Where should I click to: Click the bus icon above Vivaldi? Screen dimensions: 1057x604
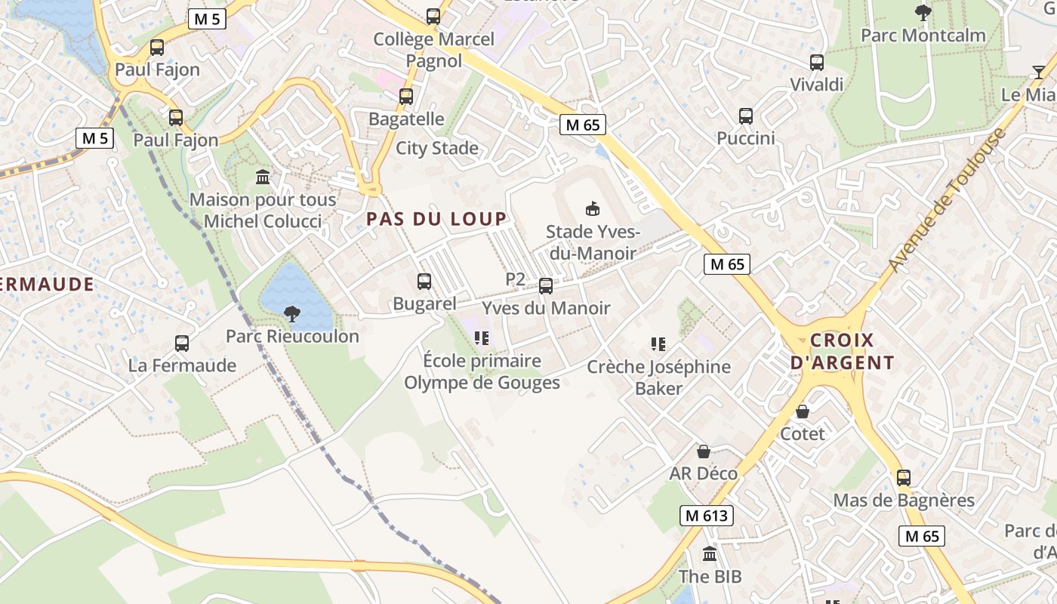coord(816,63)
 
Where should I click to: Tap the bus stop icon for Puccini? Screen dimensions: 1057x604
coord(746,116)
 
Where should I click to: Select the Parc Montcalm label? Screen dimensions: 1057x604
coord(923,35)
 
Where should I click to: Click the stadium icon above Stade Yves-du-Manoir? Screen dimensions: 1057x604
coord(593,209)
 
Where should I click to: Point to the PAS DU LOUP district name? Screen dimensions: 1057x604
coord(436,219)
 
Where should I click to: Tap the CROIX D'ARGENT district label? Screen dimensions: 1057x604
coord(842,351)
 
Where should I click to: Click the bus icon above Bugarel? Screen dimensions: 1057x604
coord(424,282)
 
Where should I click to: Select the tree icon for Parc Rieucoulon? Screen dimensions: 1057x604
coord(292,314)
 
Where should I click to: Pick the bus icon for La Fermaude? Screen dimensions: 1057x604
coord(182,344)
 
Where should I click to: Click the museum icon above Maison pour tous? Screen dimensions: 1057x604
coord(263,177)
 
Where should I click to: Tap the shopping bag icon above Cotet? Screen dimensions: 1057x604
coord(803,411)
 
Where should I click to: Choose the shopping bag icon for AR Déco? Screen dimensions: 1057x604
coord(704,451)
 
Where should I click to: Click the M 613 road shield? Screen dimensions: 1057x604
coord(707,516)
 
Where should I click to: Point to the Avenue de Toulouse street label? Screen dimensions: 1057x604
coord(948,201)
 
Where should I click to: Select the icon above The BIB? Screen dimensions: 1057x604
coord(710,554)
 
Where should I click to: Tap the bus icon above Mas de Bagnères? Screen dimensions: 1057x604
coord(904,478)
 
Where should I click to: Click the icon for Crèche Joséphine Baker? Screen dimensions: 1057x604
coord(658,344)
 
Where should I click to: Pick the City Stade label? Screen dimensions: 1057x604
coord(437,148)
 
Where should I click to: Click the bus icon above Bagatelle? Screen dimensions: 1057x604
coord(406,97)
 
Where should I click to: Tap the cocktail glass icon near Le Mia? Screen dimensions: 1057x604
coord(1039,72)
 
